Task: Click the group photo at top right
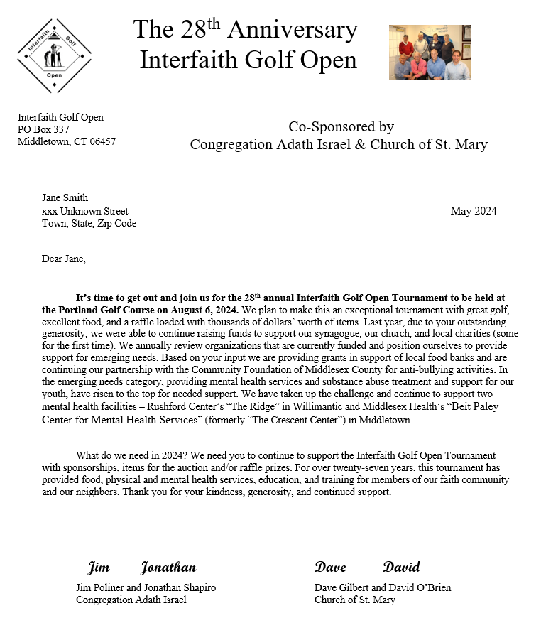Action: (x=430, y=52)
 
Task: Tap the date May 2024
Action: (x=474, y=211)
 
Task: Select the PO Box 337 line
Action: (x=43, y=129)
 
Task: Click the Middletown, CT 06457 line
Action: (x=66, y=141)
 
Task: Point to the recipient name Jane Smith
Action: (x=65, y=198)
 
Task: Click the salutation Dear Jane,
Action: (x=64, y=259)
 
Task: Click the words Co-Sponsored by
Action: (x=341, y=127)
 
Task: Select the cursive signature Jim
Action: (x=99, y=568)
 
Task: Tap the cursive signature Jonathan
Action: (x=168, y=568)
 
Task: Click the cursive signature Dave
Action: (x=330, y=567)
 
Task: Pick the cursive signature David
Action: (x=401, y=567)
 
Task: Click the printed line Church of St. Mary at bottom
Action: (x=355, y=600)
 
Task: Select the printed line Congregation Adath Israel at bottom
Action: (x=131, y=600)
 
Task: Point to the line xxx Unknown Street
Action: (x=85, y=211)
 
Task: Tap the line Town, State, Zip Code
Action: (x=89, y=223)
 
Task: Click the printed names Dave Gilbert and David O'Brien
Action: (x=383, y=587)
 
